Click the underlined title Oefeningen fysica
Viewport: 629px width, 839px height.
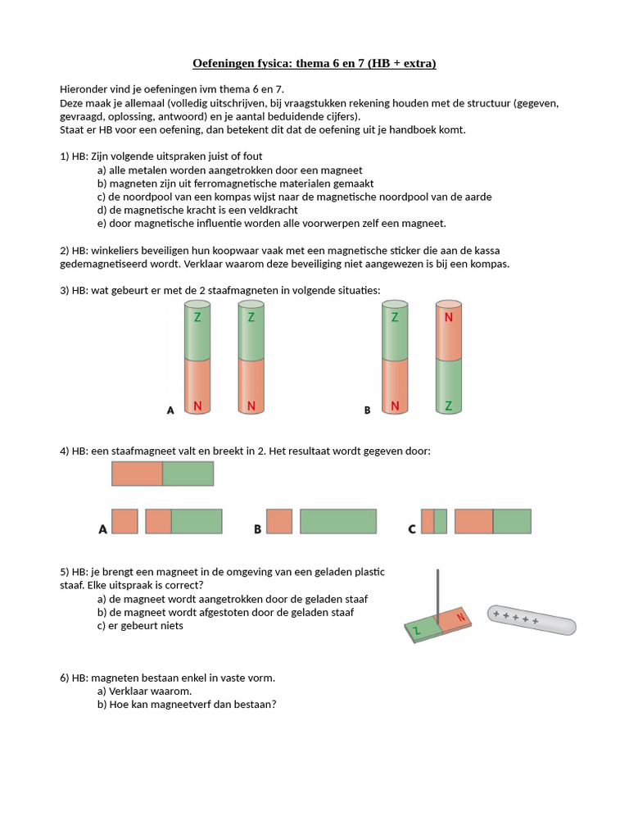(314, 63)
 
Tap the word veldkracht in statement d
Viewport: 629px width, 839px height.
(272, 210)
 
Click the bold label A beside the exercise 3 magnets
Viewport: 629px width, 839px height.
(170, 410)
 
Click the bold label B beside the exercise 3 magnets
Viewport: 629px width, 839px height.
(368, 410)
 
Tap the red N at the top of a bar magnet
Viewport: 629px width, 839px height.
(448, 318)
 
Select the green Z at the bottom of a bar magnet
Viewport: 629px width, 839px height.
(448, 406)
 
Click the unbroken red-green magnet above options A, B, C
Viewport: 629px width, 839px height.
(162, 474)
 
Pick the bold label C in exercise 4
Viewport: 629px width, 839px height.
(412, 529)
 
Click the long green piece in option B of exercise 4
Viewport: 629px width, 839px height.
(337, 522)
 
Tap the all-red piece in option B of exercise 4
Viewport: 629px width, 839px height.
(279, 522)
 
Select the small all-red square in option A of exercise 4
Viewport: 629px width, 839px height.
(124, 522)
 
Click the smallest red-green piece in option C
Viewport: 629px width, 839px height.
(434, 522)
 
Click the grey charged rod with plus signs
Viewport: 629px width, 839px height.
(532, 619)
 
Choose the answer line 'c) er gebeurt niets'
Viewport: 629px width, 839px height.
(140, 625)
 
